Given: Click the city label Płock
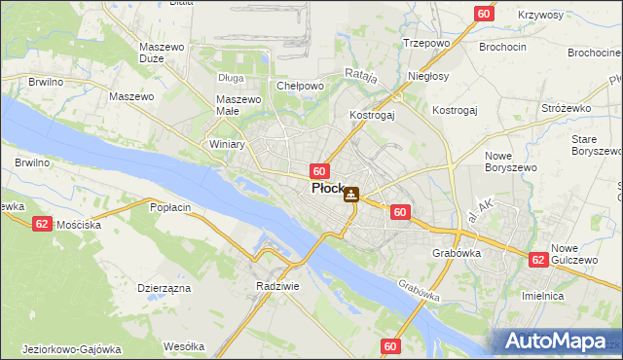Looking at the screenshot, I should tap(326, 189).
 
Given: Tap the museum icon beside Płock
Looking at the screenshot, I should tap(351, 195).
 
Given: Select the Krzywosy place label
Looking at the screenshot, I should tap(541, 16).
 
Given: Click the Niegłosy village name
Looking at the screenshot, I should tap(429, 76).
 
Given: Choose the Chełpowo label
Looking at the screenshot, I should tap(300, 86).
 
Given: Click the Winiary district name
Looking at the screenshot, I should tap(227, 144).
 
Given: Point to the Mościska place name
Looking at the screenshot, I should tap(79, 224).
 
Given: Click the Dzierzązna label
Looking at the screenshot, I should tap(164, 288).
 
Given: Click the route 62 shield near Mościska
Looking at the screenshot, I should tap(41, 223).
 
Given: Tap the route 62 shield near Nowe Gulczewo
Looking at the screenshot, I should tap(537, 260).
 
